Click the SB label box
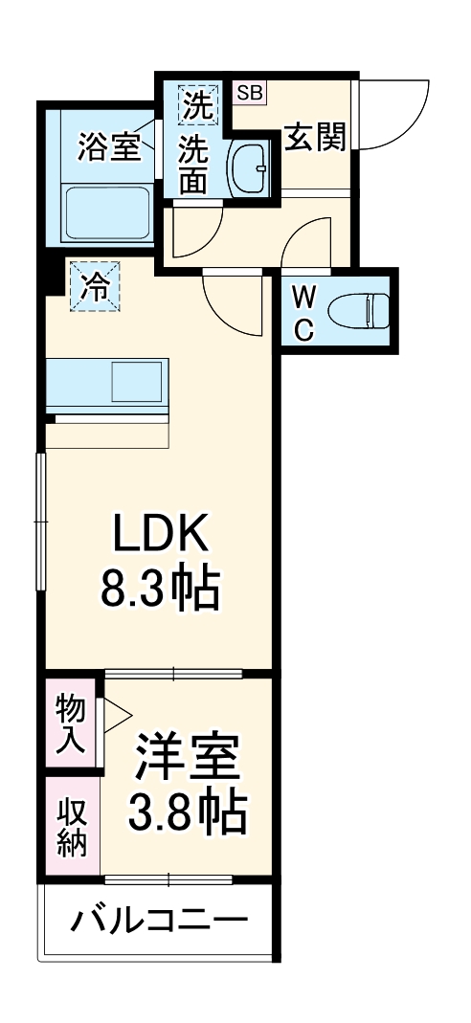click(x=251, y=93)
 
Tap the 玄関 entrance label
click(x=314, y=139)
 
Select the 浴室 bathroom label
click(x=109, y=149)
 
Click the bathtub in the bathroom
click(x=106, y=212)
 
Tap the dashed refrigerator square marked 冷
click(x=95, y=285)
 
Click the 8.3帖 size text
click(x=161, y=590)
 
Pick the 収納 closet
click(x=73, y=826)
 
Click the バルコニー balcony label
click(x=159, y=923)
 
